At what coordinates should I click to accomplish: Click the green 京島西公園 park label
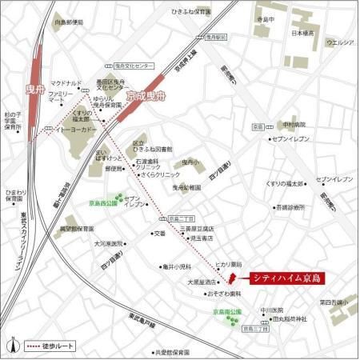point(103,203)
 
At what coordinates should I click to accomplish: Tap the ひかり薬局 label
point(227,264)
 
